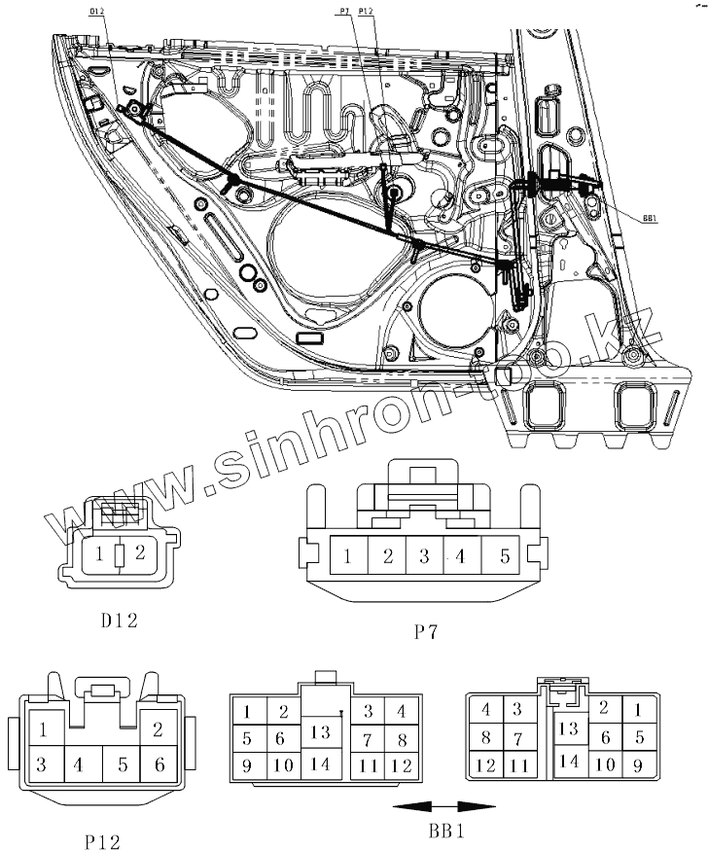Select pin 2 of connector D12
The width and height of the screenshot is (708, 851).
point(138,554)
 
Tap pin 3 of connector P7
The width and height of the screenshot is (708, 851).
point(424,557)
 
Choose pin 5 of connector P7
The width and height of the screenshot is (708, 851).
point(504,557)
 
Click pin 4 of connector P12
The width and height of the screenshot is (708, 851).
point(78,764)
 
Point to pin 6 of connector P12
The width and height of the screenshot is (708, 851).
point(159,764)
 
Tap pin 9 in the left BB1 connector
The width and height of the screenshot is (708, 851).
point(247,765)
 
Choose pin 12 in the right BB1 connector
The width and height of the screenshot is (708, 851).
point(486,765)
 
